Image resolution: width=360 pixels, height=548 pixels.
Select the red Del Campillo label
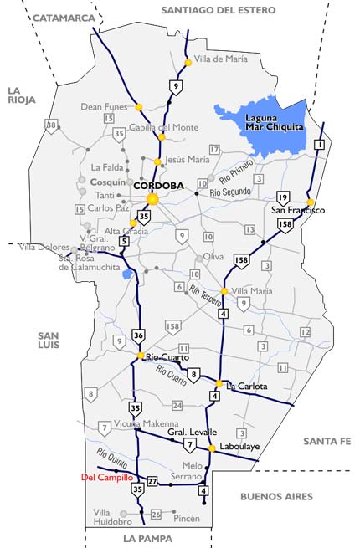coord(106,478)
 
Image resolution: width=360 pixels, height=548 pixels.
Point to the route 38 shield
coord(52,125)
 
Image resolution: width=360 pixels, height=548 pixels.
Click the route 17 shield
coord(214,149)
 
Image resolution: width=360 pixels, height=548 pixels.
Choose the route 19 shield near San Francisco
coord(283,197)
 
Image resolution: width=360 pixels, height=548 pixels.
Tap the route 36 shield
coord(138,335)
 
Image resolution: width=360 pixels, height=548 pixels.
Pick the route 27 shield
coord(152,481)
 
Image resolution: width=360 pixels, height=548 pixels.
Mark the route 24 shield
coord(177,406)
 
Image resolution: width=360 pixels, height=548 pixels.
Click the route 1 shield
coord(319,145)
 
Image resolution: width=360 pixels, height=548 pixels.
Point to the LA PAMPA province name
coord(147,538)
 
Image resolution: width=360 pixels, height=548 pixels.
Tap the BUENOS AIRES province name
coord(276,496)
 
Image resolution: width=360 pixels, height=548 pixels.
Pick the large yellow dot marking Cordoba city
coord(152,199)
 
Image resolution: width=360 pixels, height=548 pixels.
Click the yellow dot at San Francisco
coord(310,202)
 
